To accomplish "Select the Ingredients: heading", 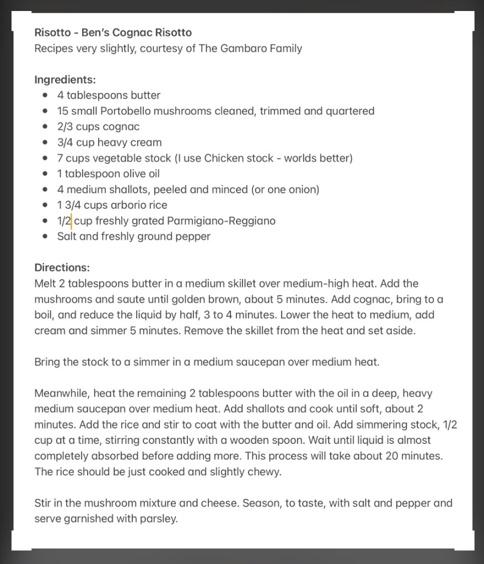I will tap(65, 80).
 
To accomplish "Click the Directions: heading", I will tap(62, 268).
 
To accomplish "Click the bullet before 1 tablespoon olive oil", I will tap(45, 174).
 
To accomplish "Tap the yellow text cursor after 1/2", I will tap(72, 221).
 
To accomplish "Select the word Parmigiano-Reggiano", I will tap(221, 221).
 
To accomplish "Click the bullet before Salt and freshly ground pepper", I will tap(45, 237).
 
